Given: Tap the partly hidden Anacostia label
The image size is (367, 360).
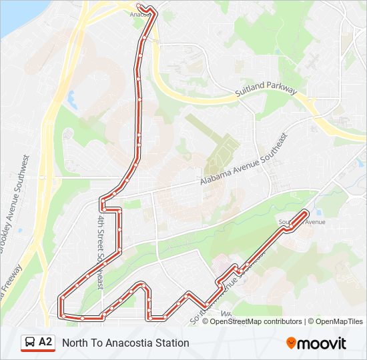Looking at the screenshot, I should (x=138, y=13).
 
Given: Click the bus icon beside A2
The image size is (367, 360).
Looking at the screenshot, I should (x=29, y=343).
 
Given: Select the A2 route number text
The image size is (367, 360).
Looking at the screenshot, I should (x=45, y=343).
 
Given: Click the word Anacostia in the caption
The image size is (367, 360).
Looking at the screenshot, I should (x=123, y=343).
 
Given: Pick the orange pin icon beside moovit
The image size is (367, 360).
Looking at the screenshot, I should (x=291, y=343).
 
